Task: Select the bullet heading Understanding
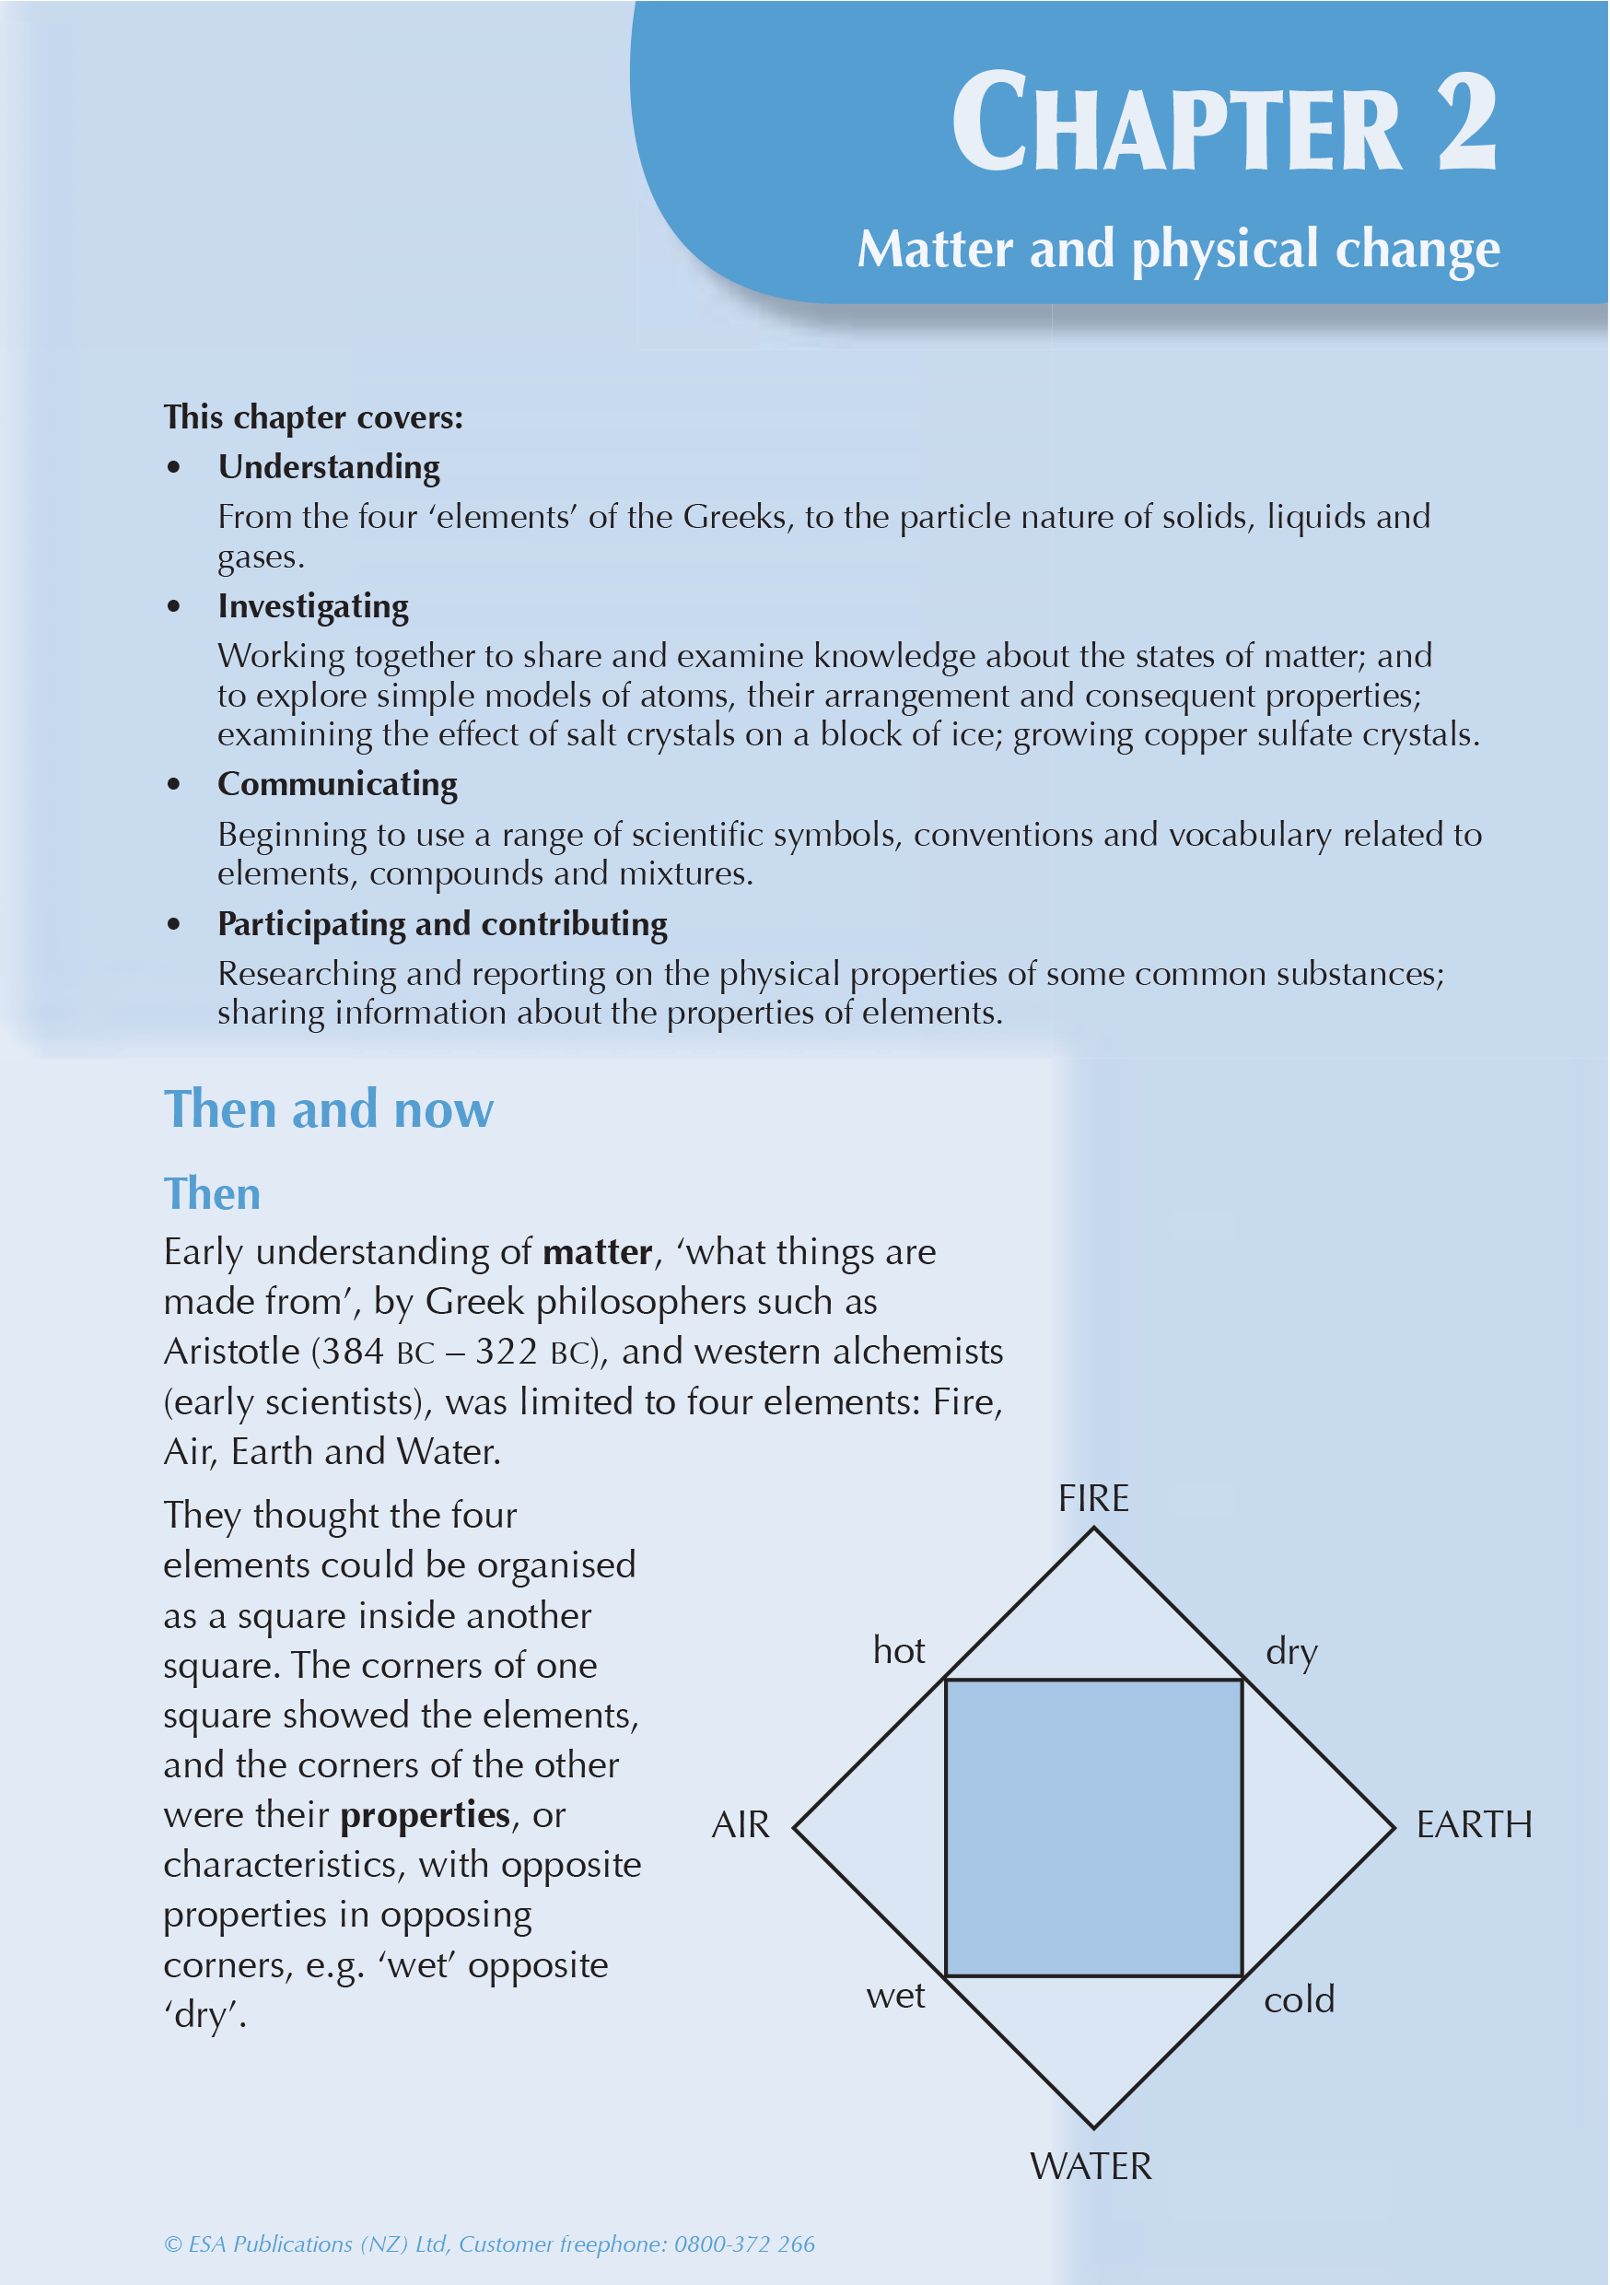329,467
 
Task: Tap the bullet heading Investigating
312,606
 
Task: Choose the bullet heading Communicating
337,784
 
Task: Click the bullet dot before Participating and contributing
174,923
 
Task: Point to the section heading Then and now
329,1108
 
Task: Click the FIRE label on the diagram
1092,1498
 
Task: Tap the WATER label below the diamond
1091,2166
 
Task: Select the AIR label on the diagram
741,1825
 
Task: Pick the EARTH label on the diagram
1474,1825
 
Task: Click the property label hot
899,1651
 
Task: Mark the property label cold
1299,1999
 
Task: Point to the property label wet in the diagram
895,1997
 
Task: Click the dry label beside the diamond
1291,1652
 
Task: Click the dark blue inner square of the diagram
1092,1827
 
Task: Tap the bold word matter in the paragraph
597,1252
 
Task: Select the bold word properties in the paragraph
425,1815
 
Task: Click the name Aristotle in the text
232,1352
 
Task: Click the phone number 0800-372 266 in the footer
744,2244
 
